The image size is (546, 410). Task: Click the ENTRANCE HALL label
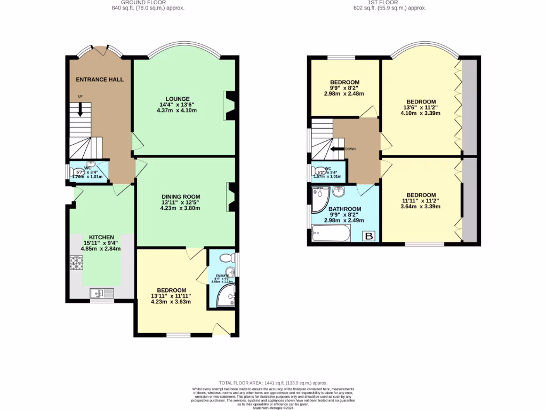click(100, 80)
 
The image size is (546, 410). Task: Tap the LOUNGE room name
click(178, 99)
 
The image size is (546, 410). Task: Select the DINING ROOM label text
click(178, 196)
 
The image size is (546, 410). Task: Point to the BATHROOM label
click(344, 209)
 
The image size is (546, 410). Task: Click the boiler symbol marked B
click(368, 235)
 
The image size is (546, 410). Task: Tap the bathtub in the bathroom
click(331, 233)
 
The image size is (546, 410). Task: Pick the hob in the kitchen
click(76, 263)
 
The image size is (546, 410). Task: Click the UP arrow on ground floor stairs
click(81, 109)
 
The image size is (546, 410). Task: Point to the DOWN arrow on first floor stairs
click(338, 149)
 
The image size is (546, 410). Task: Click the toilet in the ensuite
click(228, 258)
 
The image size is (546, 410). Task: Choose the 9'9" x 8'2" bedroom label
click(344, 82)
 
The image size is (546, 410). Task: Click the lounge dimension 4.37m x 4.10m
click(178, 111)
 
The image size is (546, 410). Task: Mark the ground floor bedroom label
click(171, 290)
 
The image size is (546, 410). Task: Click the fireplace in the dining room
click(230, 198)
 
